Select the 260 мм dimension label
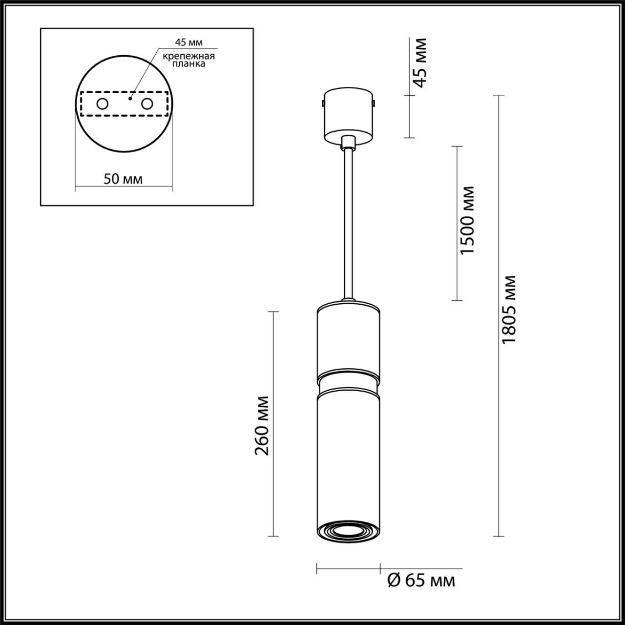[262, 425]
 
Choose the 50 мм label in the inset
[123, 179]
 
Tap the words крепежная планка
[189, 60]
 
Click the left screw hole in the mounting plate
[102, 104]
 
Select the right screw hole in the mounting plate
[146, 104]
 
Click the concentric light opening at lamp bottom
[348, 530]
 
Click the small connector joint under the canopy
[348, 143]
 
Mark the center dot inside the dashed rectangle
[130, 98]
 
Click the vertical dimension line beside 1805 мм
[498, 312]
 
